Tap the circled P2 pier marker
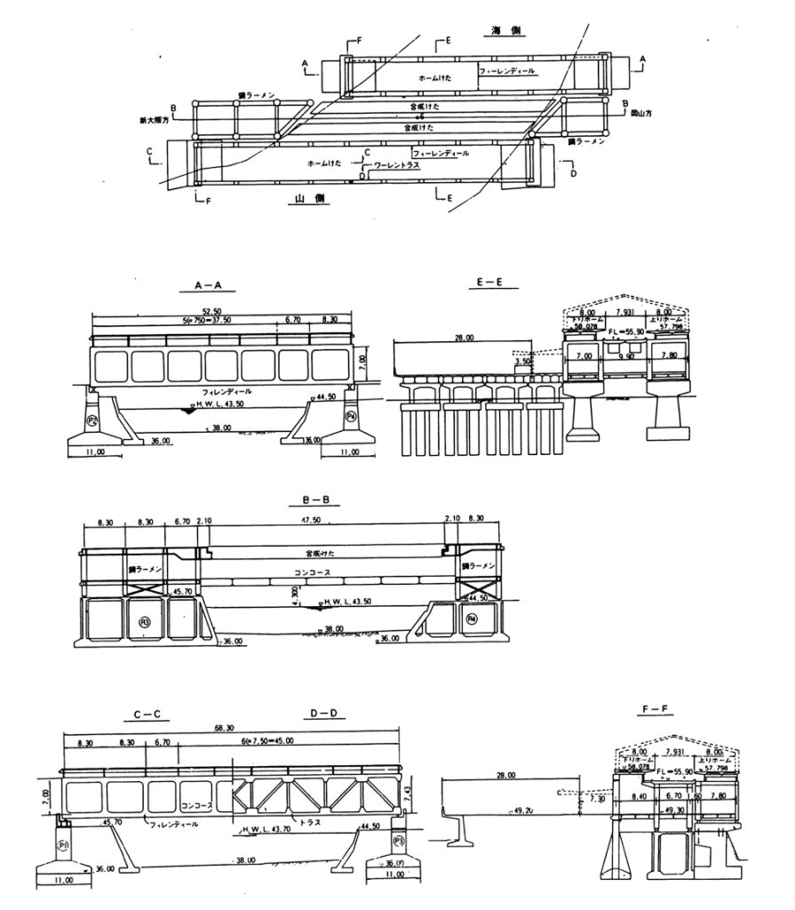(91, 418)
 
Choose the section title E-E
(489, 283)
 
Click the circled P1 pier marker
(62, 844)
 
